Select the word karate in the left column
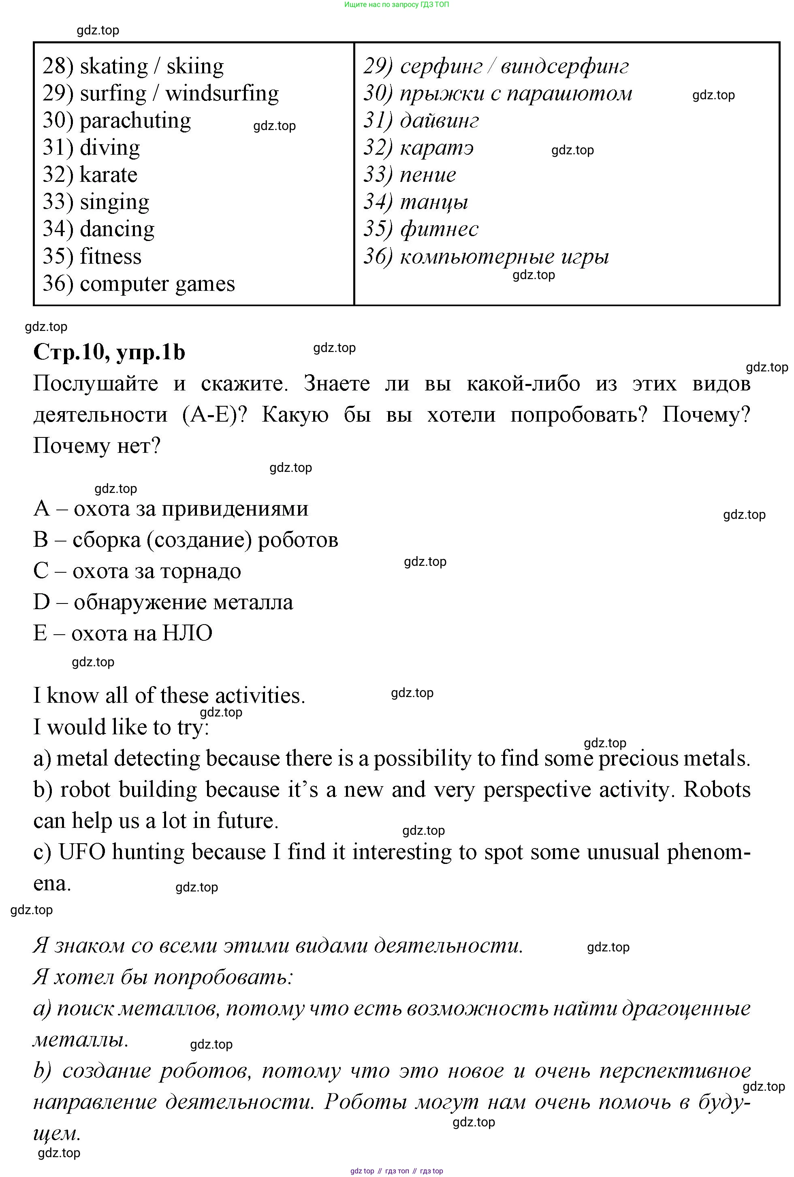point(109,175)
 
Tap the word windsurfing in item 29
point(222,94)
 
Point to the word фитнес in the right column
point(439,229)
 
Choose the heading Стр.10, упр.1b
point(109,352)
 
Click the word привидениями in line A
point(235,509)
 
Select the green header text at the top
point(397,4)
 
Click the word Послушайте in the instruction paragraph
point(96,384)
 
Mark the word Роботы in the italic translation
point(365,1102)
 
